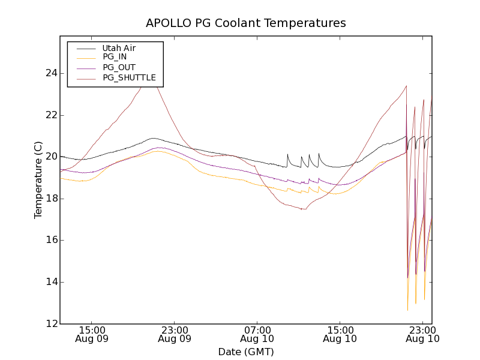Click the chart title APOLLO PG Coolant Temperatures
coord(246,23)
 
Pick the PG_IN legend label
coord(115,57)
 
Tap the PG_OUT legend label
coord(119,67)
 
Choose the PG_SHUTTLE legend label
coord(129,77)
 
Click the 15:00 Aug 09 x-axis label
coord(92,334)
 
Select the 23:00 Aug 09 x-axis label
coord(175,334)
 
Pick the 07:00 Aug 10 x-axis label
coord(257,334)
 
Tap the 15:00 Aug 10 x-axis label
coord(340,334)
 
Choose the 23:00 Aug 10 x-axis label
coord(423,334)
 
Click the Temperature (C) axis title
coord(38,180)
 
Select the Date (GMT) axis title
coord(246,352)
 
